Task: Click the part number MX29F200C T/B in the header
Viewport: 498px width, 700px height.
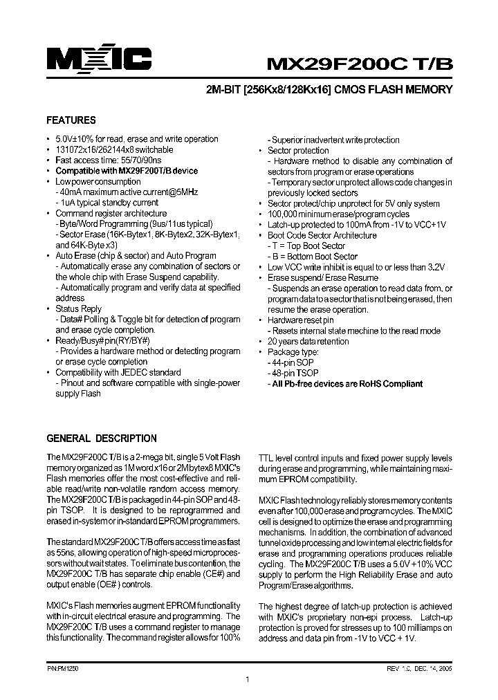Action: (360, 63)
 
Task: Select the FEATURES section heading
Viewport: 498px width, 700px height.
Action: (71, 120)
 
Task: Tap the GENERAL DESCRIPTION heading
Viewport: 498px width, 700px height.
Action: (101, 439)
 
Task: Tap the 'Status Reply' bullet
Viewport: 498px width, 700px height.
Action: (78, 308)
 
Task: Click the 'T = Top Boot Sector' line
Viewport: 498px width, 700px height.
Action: (308, 246)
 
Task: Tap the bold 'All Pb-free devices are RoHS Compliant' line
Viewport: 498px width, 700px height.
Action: (347, 384)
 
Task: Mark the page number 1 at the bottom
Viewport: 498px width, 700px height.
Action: (248, 681)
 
